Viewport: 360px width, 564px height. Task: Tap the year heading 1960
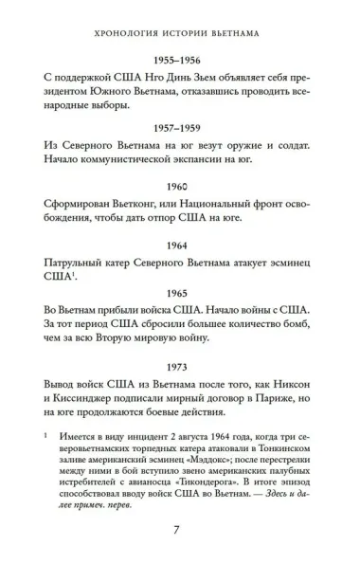pos(180,188)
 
